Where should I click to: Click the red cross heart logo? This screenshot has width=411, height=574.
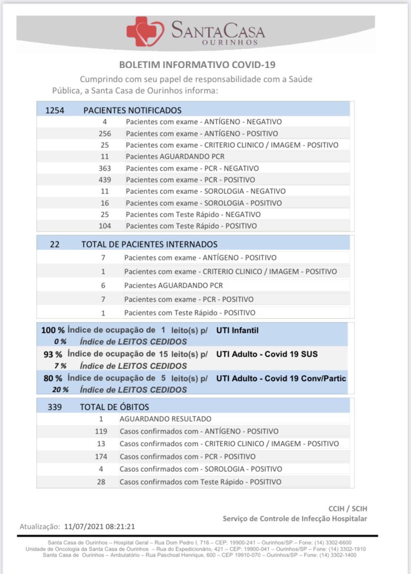[145, 32]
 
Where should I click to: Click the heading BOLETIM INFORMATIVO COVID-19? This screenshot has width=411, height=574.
[198, 65]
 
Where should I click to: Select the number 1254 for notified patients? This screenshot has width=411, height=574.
[55, 110]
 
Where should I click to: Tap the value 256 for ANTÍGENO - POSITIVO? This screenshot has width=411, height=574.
[105, 133]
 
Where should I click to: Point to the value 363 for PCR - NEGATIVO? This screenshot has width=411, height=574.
[105, 168]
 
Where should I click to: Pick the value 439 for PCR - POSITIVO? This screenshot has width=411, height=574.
[105, 180]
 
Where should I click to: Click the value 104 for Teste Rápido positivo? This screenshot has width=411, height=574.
[105, 226]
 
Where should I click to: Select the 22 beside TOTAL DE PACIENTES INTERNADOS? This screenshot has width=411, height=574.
[55, 244]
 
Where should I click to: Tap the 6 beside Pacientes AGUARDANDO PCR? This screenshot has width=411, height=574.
[103, 285]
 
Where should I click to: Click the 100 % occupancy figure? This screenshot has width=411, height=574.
[53, 330]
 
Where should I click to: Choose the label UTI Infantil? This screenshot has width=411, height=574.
[237, 330]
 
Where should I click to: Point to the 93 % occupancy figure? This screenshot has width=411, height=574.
[53, 354]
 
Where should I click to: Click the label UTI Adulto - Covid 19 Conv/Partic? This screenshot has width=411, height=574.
[281, 379]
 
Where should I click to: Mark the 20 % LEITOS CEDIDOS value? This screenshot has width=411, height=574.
[61, 390]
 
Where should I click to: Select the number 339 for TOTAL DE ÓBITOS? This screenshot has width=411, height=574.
[55, 407]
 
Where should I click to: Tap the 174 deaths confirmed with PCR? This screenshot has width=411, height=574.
[101, 456]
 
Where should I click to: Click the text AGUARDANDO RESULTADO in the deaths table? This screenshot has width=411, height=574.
[165, 419]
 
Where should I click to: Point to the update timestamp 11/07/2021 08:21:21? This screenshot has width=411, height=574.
[100, 526]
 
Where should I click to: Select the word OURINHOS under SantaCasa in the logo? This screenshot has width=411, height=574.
[230, 43]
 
